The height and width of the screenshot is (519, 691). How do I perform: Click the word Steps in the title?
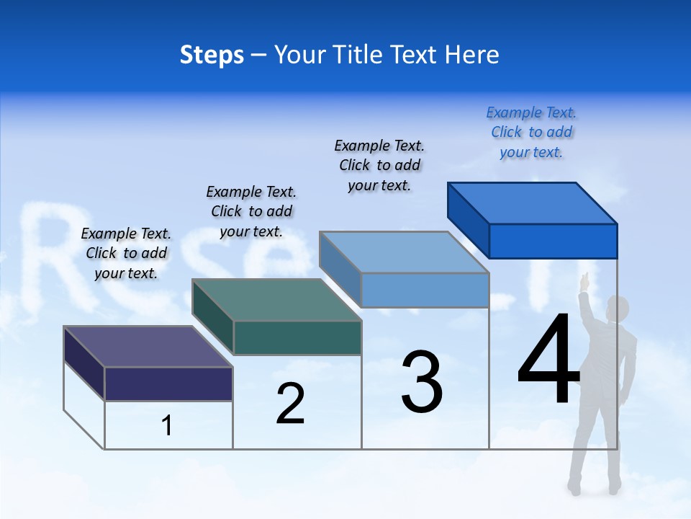click(x=212, y=55)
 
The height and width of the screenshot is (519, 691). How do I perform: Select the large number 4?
click(x=548, y=360)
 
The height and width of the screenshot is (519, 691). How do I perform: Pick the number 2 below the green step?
click(x=290, y=404)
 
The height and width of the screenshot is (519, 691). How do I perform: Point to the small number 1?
click(x=166, y=425)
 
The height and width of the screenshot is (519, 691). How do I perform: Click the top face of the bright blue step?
click(x=533, y=203)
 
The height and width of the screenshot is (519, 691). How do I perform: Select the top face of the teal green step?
click(x=277, y=300)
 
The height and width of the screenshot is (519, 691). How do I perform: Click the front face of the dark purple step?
click(x=168, y=383)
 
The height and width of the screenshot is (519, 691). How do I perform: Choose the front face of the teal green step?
click(x=297, y=337)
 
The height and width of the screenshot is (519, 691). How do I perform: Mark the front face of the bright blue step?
click(x=553, y=241)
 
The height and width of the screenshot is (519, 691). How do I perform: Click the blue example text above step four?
click(x=531, y=132)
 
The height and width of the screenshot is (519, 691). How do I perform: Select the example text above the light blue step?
click(x=379, y=165)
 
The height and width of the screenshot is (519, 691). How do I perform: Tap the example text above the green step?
click(x=251, y=211)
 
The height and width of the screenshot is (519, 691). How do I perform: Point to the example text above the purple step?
click(x=126, y=253)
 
